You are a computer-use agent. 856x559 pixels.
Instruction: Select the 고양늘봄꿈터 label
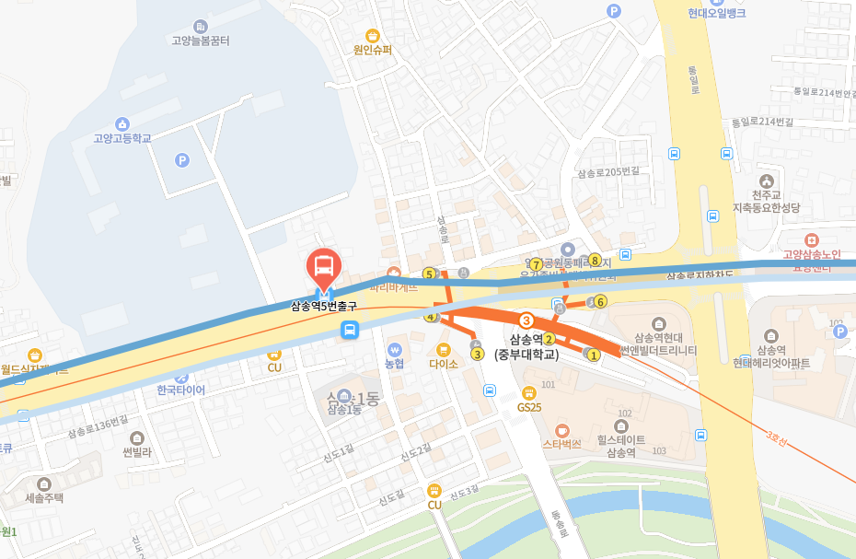[201, 41]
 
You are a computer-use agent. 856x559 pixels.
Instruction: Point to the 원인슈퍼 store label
[372, 50]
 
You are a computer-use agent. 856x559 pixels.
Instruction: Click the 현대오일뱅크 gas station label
[716, 13]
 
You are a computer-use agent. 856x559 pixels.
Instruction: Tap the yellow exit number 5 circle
[429, 274]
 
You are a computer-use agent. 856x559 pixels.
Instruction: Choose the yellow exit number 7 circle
[536, 264]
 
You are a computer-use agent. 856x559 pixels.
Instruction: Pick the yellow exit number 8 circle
[595, 260]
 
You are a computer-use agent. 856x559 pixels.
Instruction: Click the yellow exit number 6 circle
[600, 301]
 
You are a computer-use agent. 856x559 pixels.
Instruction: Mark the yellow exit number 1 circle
[594, 355]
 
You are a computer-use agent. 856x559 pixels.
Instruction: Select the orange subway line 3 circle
[526, 320]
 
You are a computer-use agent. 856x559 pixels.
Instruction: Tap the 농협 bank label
[394, 363]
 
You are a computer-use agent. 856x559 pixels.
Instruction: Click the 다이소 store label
[444, 363]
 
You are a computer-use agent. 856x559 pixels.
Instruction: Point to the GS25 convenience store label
[528, 406]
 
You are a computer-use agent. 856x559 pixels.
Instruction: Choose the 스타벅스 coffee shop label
[562, 443]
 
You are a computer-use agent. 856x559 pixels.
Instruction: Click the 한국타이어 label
[181, 390]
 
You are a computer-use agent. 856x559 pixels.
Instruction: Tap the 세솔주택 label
[44, 497]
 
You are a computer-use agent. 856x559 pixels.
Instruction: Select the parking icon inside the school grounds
[181, 160]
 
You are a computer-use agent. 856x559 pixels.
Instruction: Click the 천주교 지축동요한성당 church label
[765, 201]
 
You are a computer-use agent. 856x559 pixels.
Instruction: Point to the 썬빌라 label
[137, 451]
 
